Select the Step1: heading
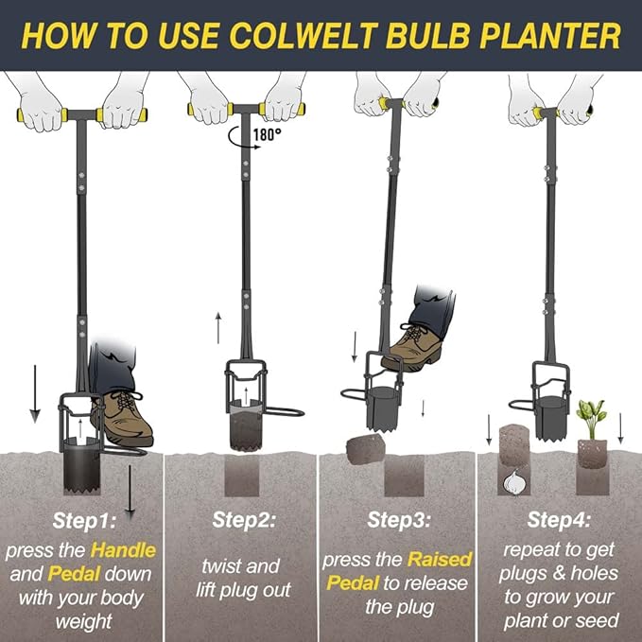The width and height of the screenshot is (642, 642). tap(80, 519)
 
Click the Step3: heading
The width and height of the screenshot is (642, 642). tap(399, 519)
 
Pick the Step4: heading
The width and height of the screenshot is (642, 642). tap(560, 519)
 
